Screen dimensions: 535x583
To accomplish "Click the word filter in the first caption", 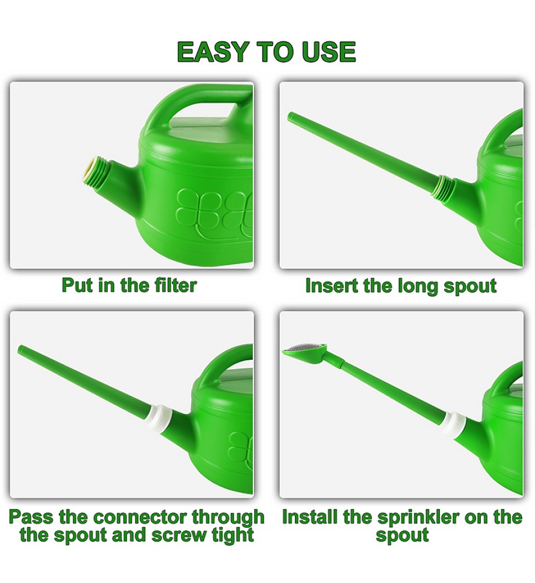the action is coord(175,285).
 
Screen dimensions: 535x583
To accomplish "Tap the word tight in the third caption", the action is coord(233,535).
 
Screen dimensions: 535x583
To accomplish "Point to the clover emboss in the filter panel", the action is coord(214,212).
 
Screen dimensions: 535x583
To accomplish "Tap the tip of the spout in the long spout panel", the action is coord(291,117).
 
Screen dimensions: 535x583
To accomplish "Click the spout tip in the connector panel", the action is coord(21,349).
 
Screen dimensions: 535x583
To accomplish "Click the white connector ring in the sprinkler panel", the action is coord(453,424).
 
